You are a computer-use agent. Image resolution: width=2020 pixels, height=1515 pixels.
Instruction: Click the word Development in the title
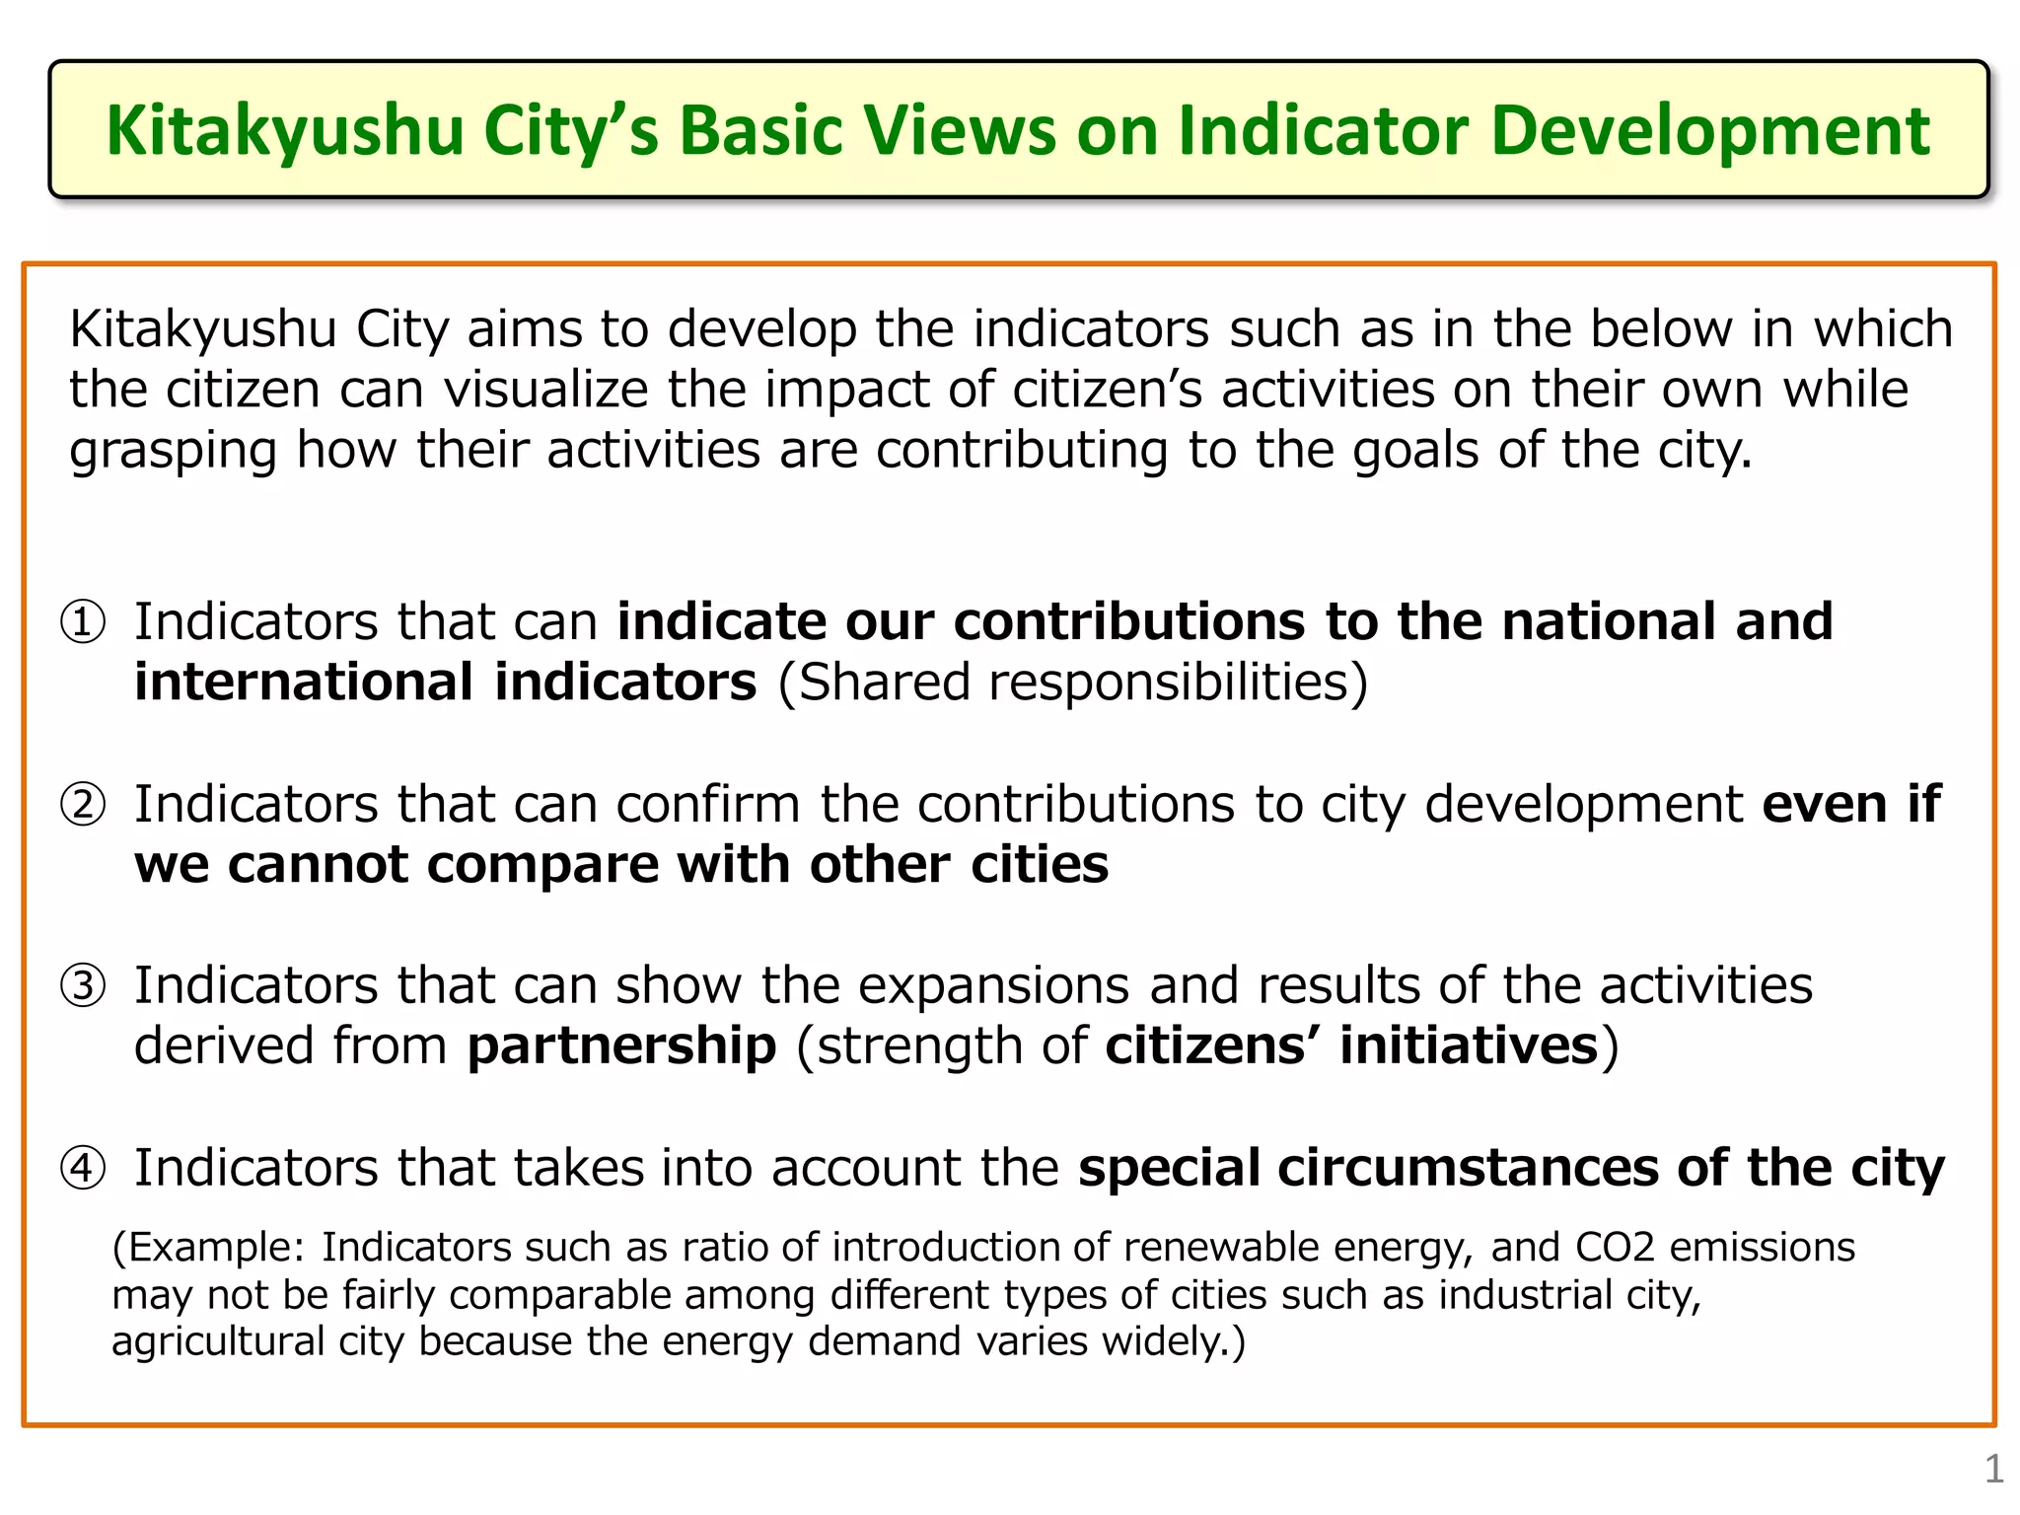point(1709,130)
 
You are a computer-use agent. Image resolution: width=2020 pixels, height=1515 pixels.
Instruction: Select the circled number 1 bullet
point(83,622)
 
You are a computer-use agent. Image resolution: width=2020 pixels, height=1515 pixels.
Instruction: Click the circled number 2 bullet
point(83,805)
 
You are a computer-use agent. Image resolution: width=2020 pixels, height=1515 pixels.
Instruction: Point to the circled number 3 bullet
point(83,986)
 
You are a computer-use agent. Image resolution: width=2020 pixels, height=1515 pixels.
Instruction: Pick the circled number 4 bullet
point(83,1169)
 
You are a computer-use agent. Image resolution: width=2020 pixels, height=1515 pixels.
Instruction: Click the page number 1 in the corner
point(1993,1470)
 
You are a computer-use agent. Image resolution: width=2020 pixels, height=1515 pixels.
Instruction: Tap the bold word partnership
point(621,1046)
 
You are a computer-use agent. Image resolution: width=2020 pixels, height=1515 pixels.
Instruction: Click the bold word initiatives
point(1469,1046)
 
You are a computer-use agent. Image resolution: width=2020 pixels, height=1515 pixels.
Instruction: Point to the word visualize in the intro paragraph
point(545,390)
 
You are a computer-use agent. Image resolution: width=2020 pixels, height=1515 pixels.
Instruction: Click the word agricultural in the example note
point(217,1342)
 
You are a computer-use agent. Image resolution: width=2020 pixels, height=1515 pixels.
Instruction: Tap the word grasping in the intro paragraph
point(174,452)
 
